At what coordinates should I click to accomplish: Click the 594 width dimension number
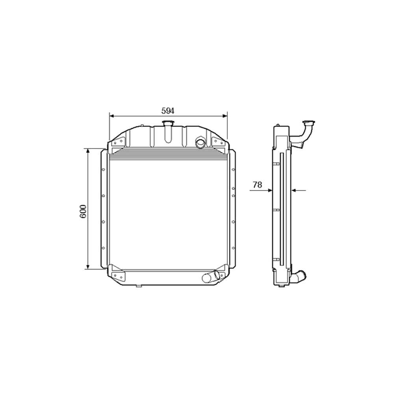[168, 111]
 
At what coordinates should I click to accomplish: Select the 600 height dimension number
[83, 212]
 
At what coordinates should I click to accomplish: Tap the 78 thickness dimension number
[257, 184]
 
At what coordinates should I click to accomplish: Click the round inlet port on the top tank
[200, 142]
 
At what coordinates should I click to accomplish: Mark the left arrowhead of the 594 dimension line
[112, 116]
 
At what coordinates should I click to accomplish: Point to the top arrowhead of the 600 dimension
[88, 151]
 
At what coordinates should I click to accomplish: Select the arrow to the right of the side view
[294, 190]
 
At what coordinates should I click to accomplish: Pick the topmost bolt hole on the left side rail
[103, 170]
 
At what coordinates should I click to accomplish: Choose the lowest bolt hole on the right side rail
[234, 248]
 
